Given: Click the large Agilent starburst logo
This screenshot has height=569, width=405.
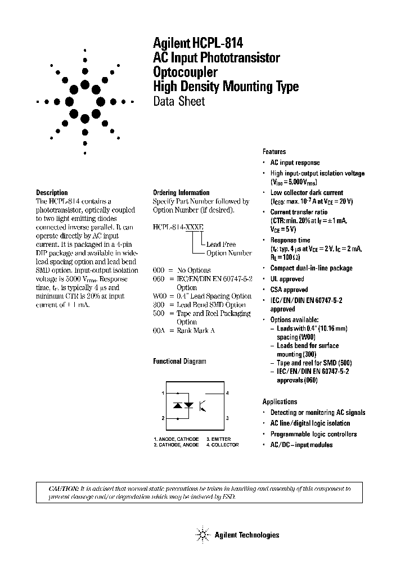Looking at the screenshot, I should coord(85,102).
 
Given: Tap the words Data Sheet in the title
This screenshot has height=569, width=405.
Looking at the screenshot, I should coord(179,102).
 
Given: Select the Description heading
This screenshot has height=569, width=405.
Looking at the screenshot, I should coord(52,192).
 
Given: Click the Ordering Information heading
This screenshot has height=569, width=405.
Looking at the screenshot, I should coord(181,192).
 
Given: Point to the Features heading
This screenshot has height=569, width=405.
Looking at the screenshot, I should coord(274,152).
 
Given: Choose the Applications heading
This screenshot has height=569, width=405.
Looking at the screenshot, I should coord(280,401).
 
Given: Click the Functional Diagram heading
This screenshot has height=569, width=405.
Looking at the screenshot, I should coord(179,362).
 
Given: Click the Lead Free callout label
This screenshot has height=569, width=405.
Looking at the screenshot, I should coord(221,245).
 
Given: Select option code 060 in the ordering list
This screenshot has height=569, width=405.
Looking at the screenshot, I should coord(159,279).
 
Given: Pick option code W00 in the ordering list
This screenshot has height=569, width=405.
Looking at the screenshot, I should coord(160,296).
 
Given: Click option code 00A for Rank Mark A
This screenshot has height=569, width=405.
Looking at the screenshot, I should coord(159,331).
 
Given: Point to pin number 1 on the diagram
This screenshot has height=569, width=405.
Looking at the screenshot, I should coord(163,393).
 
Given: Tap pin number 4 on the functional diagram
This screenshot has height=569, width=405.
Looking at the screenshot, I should coord(227,393).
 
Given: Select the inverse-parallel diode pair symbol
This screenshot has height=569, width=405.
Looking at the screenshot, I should coord(183,405).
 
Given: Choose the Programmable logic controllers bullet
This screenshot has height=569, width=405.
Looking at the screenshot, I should coord(313,434).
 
